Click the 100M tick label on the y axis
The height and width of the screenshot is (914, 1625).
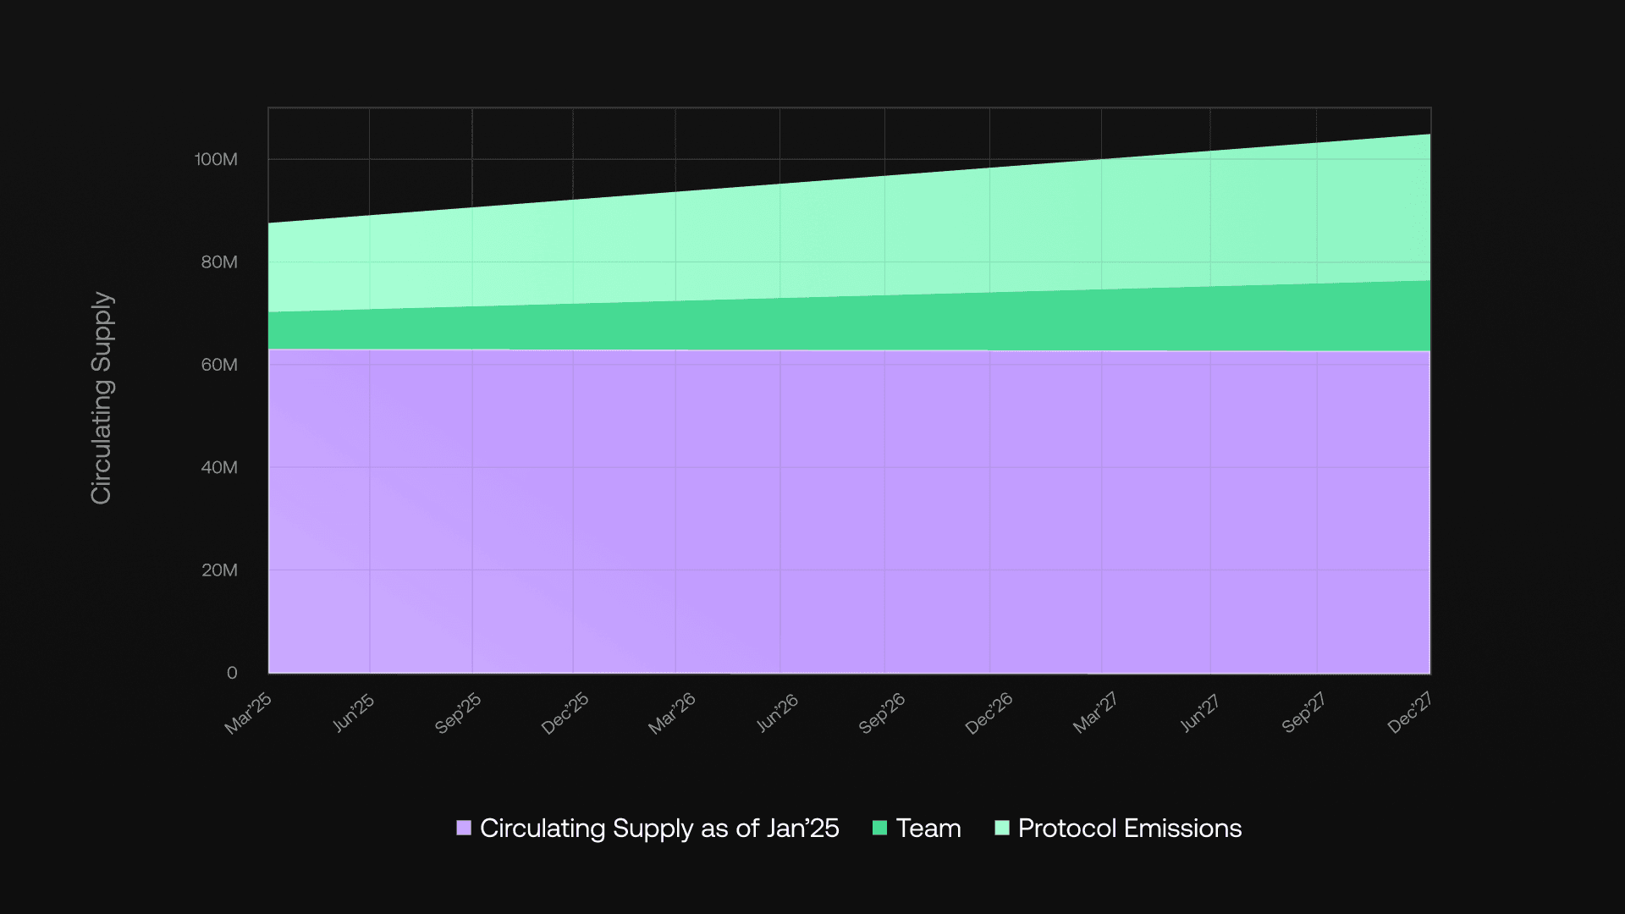[x=216, y=159]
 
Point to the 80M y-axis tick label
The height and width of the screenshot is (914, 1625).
[x=219, y=262]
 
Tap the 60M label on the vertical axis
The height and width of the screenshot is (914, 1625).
[x=219, y=365]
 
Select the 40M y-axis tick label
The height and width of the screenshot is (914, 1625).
[x=219, y=467]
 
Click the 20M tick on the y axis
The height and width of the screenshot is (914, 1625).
[x=219, y=570]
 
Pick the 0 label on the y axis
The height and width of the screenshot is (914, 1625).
[x=232, y=673]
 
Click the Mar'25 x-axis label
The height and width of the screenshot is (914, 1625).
[x=248, y=713]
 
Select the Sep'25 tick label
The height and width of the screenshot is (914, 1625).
[x=458, y=713]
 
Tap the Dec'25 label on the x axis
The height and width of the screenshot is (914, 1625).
[x=565, y=713]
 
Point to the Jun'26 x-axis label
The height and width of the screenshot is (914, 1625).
[x=777, y=713]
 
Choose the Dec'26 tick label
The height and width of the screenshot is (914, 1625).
[x=989, y=713]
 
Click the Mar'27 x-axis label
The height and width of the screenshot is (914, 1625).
[x=1095, y=713]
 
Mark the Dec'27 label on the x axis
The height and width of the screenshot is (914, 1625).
[x=1409, y=713]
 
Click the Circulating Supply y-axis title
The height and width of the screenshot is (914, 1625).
[x=102, y=398]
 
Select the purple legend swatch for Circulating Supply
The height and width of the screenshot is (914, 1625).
[x=464, y=828]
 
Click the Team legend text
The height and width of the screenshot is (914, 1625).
[x=928, y=828]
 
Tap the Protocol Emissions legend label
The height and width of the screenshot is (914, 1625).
[x=1129, y=828]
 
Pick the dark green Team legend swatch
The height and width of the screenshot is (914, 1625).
[x=879, y=828]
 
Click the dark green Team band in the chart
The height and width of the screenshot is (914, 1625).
[x=846, y=323]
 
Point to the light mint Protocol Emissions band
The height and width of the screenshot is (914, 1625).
[x=846, y=237]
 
